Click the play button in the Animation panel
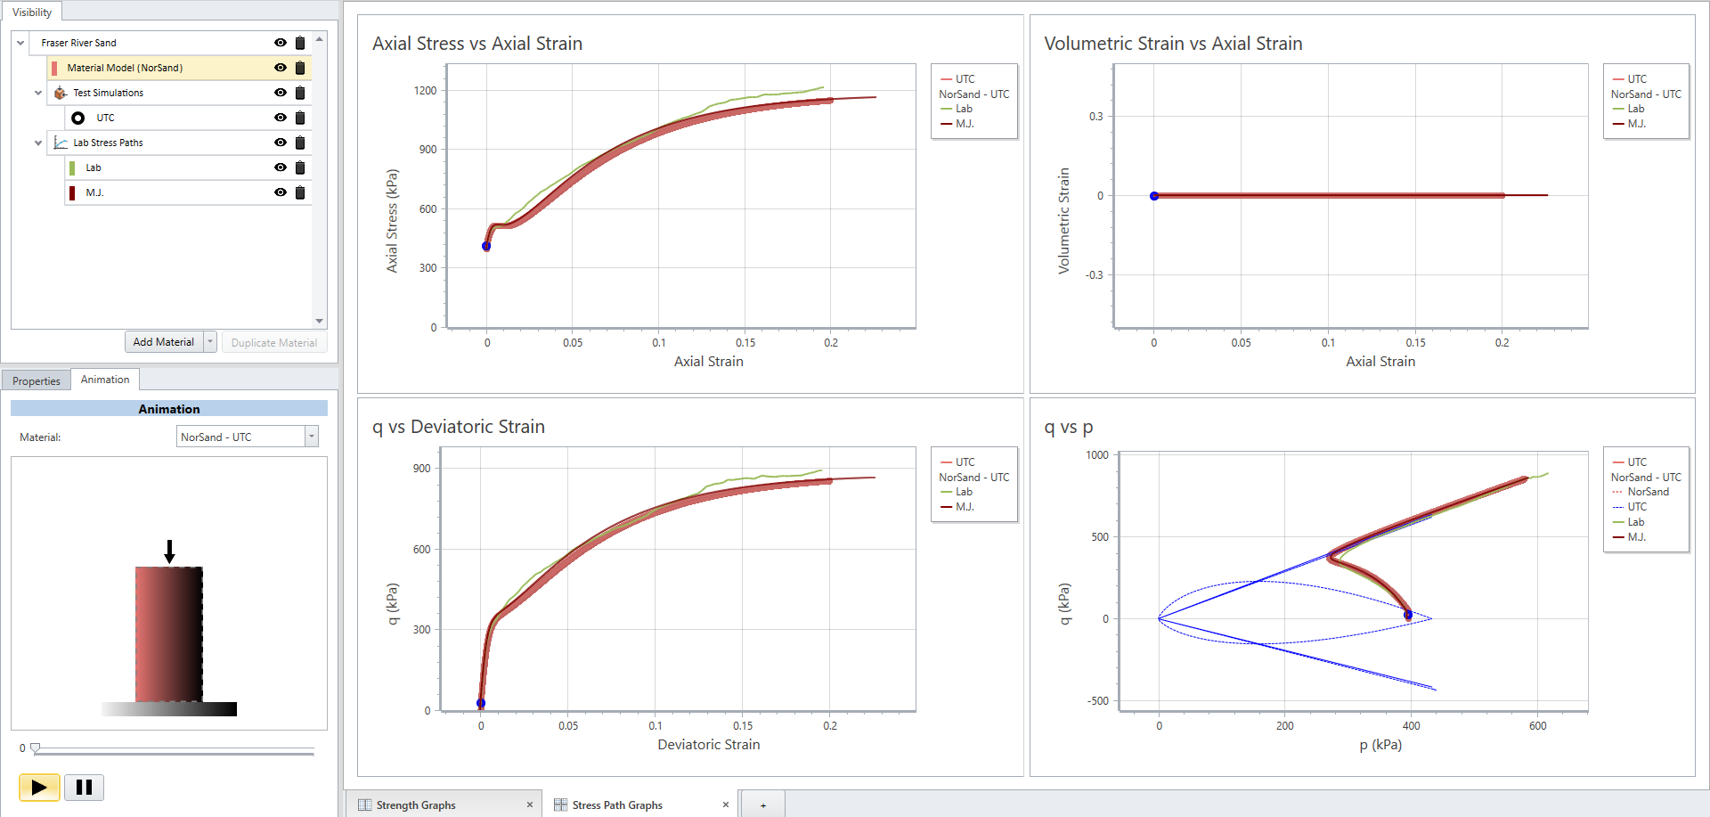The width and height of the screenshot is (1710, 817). (39, 787)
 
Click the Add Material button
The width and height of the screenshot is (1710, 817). (163, 342)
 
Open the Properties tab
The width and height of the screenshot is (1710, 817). (37, 380)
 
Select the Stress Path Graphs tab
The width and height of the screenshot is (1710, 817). (617, 805)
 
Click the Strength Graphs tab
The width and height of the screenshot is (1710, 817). (416, 805)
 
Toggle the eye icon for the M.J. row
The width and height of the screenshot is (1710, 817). (281, 192)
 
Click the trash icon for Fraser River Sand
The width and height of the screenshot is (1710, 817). (300, 43)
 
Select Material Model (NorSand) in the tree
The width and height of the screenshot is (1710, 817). (125, 68)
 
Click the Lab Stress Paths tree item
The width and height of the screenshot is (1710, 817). (108, 143)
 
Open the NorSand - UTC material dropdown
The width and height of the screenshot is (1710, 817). (311, 437)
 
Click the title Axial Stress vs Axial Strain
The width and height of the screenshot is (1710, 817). (477, 44)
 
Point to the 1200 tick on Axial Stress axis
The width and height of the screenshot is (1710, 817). (425, 91)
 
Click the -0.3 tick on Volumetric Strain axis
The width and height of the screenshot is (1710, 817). (1094, 275)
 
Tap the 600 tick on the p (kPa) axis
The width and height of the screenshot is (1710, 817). (1537, 725)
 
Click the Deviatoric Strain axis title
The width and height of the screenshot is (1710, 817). (708, 745)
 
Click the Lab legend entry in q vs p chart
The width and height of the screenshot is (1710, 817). (1635, 522)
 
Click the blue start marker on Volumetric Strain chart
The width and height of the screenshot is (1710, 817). (1154, 196)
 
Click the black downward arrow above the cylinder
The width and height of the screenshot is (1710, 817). (169, 551)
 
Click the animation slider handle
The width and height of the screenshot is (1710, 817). (36, 748)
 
